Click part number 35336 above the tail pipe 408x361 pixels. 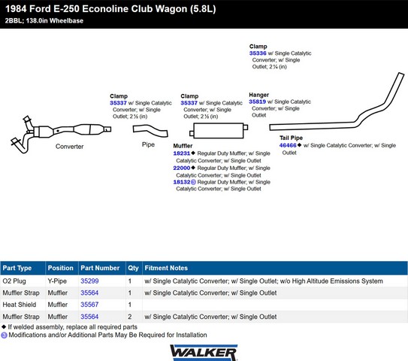(x=258, y=53)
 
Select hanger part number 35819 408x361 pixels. (x=257, y=102)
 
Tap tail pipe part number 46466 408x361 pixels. (x=288, y=145)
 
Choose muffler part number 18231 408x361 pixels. (x=182, y=153)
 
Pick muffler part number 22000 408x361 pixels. (x=182, y=168)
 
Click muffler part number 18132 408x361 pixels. (x=182, y=182)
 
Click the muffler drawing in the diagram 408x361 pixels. (x=219, y=131)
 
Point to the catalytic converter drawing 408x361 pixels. (x=61, y=133)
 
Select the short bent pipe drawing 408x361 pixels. (x=150, y=130)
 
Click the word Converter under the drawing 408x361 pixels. (x=69, y=147)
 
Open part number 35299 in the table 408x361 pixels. (x=89, y=281)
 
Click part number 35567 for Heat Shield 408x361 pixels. (x=89, y=305)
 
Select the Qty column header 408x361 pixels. (x=133, y=268)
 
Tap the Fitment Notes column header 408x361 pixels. (x=166, y=268)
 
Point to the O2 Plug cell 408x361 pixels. (x=14, y=281)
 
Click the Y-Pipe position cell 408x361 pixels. (x=57, y=281)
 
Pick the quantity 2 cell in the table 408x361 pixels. (x=129, y=317)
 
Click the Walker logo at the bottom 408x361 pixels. (x=204, y=353)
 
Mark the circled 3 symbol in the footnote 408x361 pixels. (x=4, y=335)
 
